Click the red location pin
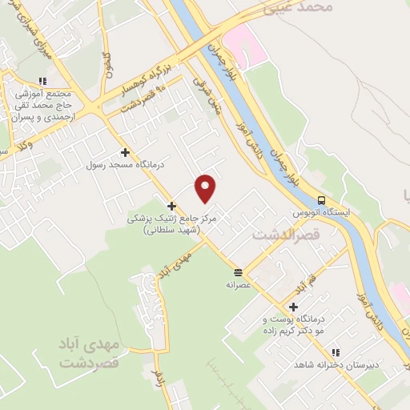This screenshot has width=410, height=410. click(206, 187)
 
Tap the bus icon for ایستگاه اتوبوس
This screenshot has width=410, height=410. click(321, 200)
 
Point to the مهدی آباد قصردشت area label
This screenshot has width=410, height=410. click(88, 353)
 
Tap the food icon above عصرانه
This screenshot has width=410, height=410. click(238, 271)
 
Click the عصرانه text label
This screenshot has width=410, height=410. click(239, 283)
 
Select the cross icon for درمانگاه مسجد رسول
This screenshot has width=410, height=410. click(125, 151)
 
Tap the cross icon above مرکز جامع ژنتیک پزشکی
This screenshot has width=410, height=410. click(171, 206)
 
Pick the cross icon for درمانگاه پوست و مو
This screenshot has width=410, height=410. click(294, 307)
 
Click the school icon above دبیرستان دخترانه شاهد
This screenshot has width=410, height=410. click(335, 352)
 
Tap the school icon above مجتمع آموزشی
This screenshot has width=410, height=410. click(42, 80)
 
